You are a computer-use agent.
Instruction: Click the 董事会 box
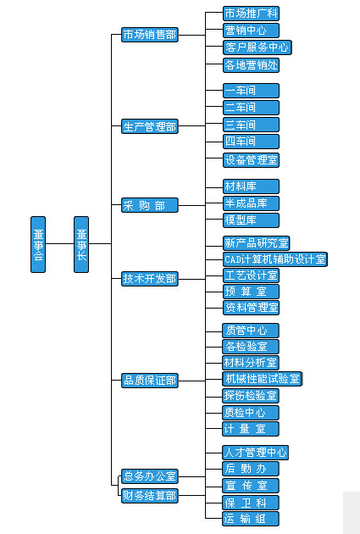click(x=38, y=244)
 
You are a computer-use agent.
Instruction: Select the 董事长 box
click(x=81, y=244)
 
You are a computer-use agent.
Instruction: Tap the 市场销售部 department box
click(x=150, y=35)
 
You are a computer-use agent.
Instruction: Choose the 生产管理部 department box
click(x=150, y=126)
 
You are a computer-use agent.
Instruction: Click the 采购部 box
click(x=150, y=205)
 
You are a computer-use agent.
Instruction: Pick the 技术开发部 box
click(x=150, y=279)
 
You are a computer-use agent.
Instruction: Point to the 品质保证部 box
click(x=150, y=381)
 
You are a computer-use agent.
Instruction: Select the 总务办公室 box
click(x=150, y=476)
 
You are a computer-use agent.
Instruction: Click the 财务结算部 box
click(x=150, y=496)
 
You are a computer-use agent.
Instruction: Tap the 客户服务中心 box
click(x=258, y=47)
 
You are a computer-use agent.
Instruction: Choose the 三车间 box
click(x=251, y=125)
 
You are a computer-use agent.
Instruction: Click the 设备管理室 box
click(x=251, y=160)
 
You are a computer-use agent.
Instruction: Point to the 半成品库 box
click(x=251, y=203)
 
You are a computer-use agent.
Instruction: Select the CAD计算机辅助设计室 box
click(x=275, y=259)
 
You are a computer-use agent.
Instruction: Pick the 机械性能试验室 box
click(x=263, y=379)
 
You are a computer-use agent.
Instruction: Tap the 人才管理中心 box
click(x=255, y=453)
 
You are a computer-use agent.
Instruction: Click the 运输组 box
click(x=251, y=519)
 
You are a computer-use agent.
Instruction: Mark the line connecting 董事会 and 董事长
click(x=60, y=244)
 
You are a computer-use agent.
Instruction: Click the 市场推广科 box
click(x=251, y=14)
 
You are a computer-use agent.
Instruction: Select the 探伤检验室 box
click(x=251, y=396)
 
